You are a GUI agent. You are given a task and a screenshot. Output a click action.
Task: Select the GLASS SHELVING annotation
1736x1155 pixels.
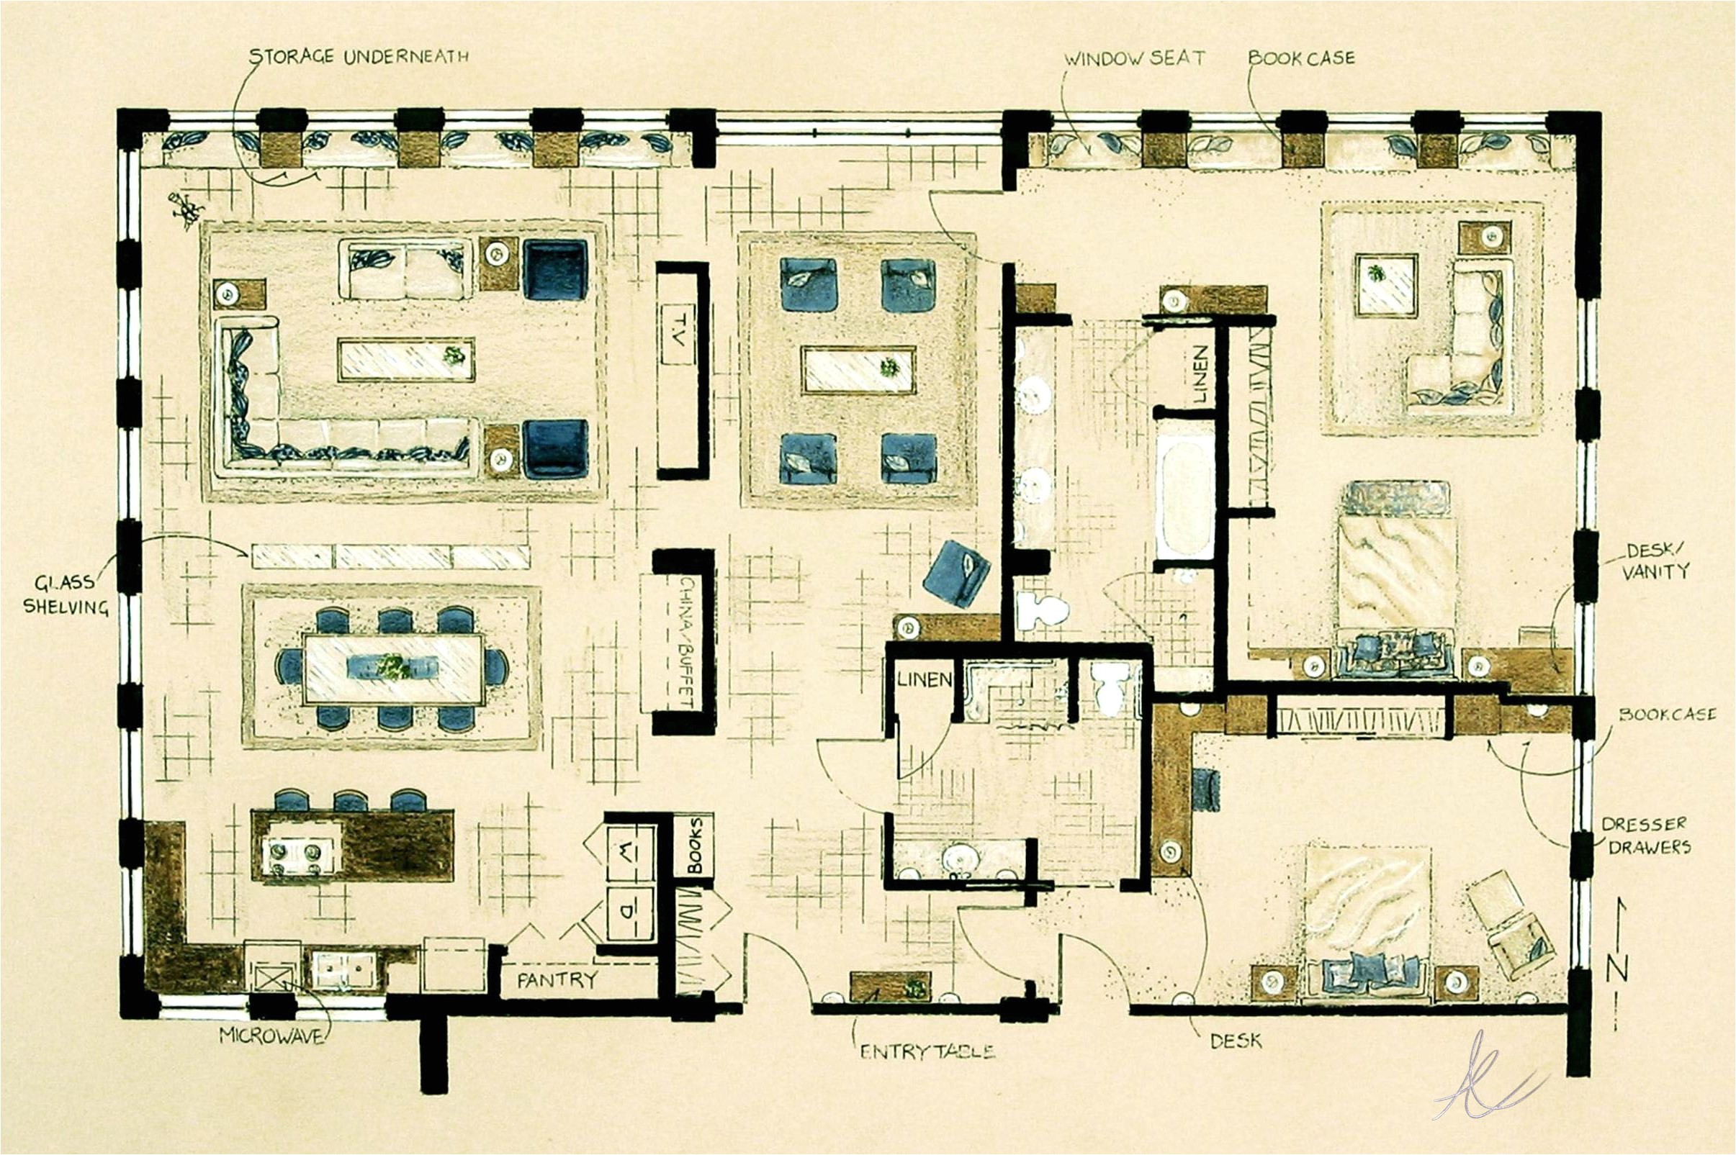point(65,594)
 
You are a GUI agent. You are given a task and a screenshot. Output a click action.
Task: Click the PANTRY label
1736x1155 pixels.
point(557,980)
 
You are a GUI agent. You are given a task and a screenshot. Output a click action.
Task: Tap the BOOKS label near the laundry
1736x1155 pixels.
point(694,846)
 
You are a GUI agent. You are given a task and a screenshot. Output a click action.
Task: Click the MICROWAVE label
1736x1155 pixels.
point(271,1036)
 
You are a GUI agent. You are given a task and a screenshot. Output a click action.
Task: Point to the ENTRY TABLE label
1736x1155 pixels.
point(927,1052)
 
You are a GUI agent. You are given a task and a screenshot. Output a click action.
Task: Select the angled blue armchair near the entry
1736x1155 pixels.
point(957,574)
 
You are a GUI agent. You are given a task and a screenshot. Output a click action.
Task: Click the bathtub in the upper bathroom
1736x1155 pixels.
point(1184,493)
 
